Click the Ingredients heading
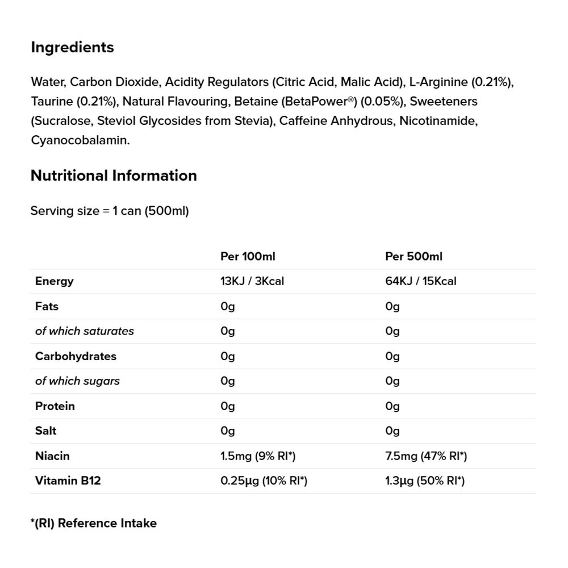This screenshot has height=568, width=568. click(72, 47)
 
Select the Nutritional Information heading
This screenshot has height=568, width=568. click(114, 176)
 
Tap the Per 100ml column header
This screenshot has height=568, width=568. click(248, 256)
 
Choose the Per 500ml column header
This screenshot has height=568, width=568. click(414, 256)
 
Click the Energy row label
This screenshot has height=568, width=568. click(55, 281)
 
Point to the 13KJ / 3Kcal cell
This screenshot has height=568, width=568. click(252, 281)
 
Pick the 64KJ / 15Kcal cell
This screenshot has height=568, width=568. click(420, 281)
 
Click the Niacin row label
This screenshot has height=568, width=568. click(52, 456)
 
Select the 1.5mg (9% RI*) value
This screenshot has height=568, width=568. click(258, 456)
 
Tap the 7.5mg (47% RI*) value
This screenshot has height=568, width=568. click(425, 456)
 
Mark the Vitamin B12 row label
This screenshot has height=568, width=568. click(68, 481)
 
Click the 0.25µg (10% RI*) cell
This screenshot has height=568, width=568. click(264, 481)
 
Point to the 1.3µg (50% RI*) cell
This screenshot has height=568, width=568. click(425, 481)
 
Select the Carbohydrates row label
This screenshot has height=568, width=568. click(76, 356)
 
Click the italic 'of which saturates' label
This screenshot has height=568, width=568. click(85, 331)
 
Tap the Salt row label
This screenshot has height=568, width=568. click(46, 431)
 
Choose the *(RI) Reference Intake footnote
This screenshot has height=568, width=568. click(93, 523)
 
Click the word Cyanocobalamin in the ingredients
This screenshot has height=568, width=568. click(80, 140)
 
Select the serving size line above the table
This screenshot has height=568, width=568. click(110, 211)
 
